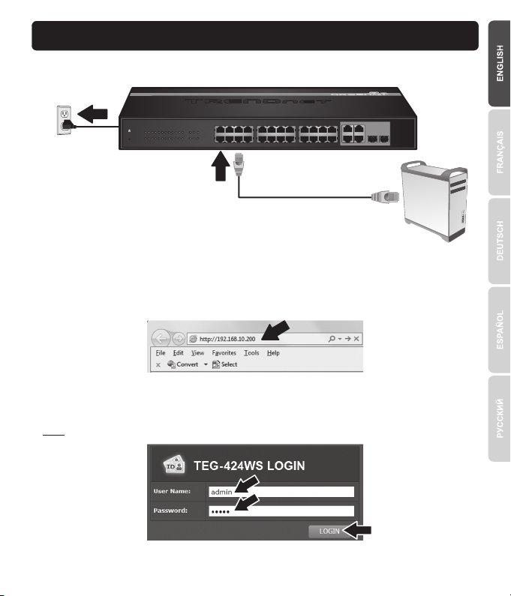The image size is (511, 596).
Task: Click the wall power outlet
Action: (x=65, y=118)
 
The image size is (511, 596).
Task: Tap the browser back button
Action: (x=164, y=338)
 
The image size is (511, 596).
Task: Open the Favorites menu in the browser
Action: (x=224, y=352)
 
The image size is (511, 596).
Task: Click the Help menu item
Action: (x=273, y=352)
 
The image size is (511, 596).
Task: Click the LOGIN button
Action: (x=324, y=531)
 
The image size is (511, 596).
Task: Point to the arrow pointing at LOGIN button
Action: (x=359, y=531)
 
